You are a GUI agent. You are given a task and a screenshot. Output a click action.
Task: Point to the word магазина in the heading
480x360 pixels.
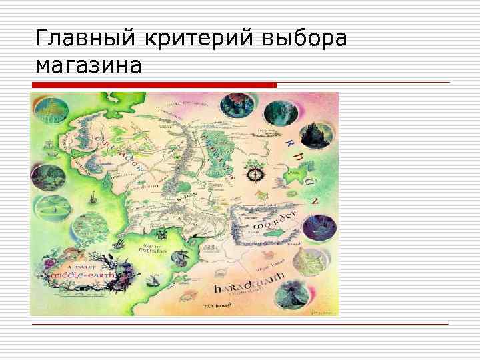tap(88, 66)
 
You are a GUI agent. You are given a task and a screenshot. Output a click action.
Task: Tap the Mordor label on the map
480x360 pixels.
tap(273, 224)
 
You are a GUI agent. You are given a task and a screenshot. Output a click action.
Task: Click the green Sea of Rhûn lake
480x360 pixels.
tap(292, 175)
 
